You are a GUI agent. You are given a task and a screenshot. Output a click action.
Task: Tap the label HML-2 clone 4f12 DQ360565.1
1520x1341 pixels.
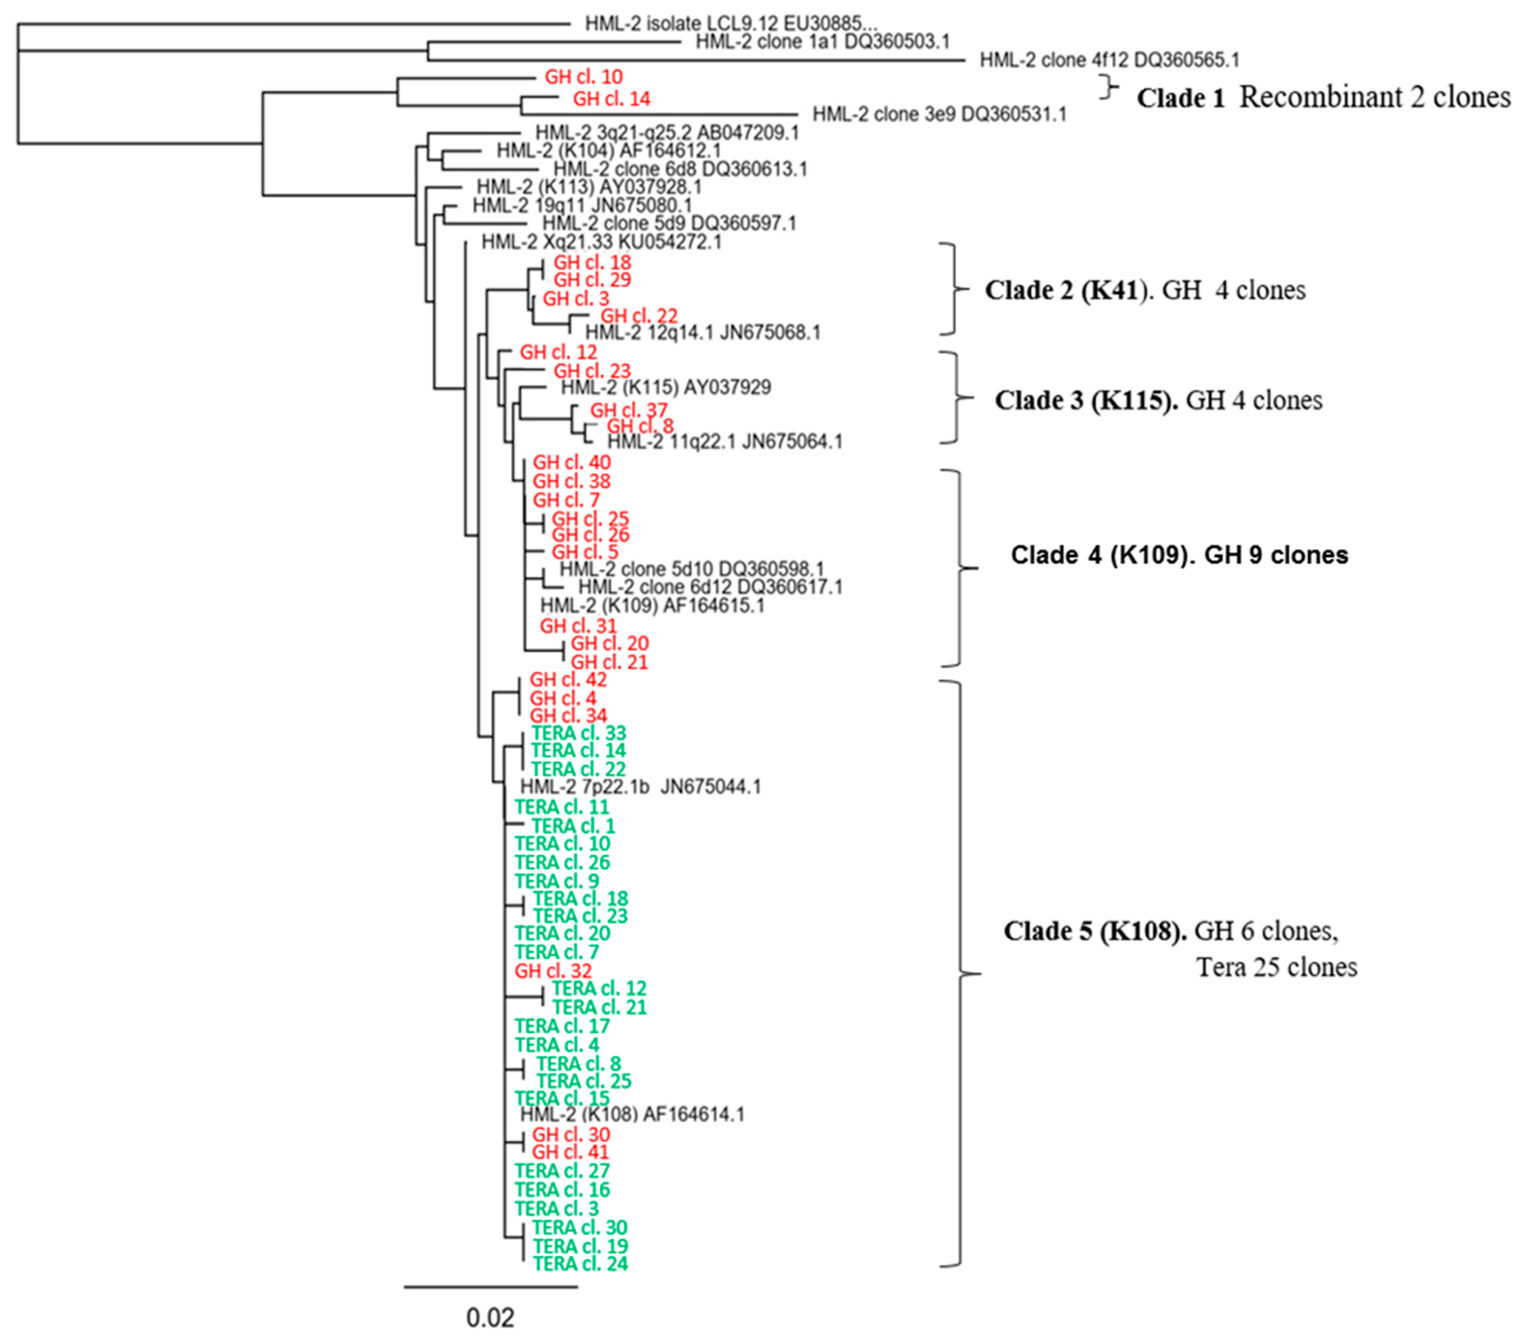tap(1109, 60)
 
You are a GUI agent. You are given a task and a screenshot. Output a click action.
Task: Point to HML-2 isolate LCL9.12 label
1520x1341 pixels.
tap(731, 23)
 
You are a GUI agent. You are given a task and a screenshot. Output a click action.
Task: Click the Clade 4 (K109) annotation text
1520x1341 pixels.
tap(1179, 555)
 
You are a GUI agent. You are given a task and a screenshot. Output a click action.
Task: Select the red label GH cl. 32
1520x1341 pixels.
tap(553, 971)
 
